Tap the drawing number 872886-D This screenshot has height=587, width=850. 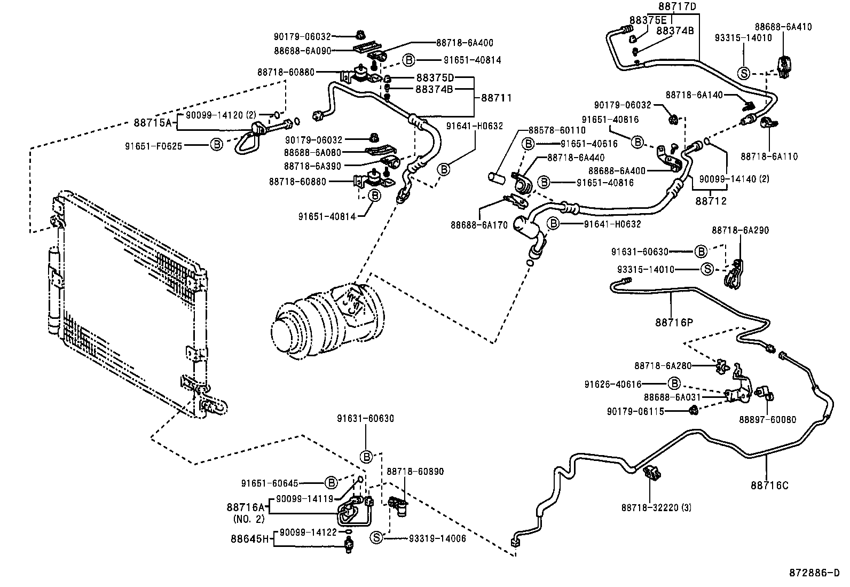(814, 573)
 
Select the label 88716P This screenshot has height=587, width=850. (674, 322)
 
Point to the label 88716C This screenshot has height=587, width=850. (769, 486)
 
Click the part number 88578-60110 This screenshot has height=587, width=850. (556, 130)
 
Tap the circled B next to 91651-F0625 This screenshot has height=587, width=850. (216, 144)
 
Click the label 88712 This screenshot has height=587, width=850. (711, 201)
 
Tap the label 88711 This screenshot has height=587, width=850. (496, 98)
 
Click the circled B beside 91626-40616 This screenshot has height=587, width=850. (674, 383)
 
